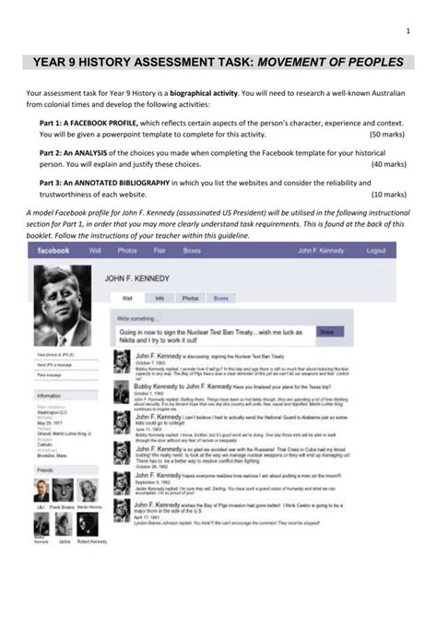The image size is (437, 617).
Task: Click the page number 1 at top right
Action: pyautogui.click(x=406, y=34)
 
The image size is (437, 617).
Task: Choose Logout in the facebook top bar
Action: pyautogui.click(x=375, y=251)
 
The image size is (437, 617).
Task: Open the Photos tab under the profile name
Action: pyautogui.click(x=190, y=298)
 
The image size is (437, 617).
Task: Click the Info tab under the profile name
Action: pyautogui.click(x=159, y=298)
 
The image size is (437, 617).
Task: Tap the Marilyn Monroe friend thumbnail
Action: pyautogui.click(x=89, y=490)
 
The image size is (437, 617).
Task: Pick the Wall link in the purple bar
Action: pyautogui.click(x=95, y=251)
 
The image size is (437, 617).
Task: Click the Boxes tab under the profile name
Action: pyautogui.click(x=221, y=298)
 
